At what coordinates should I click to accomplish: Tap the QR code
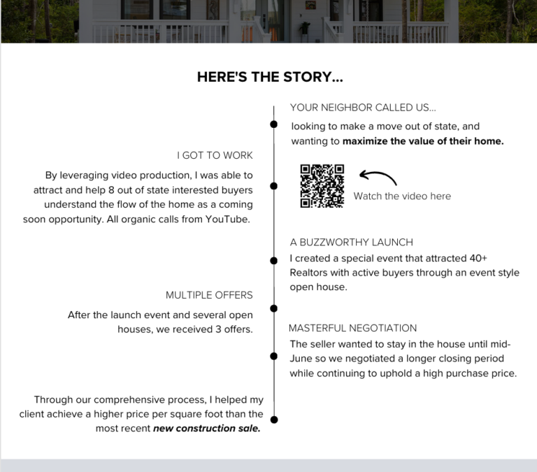click(x=322, y=185)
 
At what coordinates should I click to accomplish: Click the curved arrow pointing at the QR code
click(x=378, y=177)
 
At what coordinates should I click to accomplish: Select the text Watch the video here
click(x=402, y=196)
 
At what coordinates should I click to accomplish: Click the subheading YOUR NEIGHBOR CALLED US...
click(x=362, y=108)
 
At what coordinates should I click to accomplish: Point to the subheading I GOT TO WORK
click(x=215, y=155)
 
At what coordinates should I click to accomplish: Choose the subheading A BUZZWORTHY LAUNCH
click(x=351, y=242)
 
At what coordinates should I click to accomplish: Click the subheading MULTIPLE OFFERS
click(x=209, y=295)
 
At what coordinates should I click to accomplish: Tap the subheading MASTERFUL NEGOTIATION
click(x=352, y=328)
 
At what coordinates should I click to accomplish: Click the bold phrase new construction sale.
click(x=207, y=429)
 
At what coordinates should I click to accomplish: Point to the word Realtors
click(x=311, y=273)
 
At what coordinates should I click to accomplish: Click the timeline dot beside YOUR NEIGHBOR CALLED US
click(x=274, y=124)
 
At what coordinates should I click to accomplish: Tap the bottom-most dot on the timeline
click(x=274, y=420)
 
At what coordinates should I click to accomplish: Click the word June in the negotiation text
click(x=302, y=359)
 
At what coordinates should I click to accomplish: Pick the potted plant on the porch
click(x=304, y=28)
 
